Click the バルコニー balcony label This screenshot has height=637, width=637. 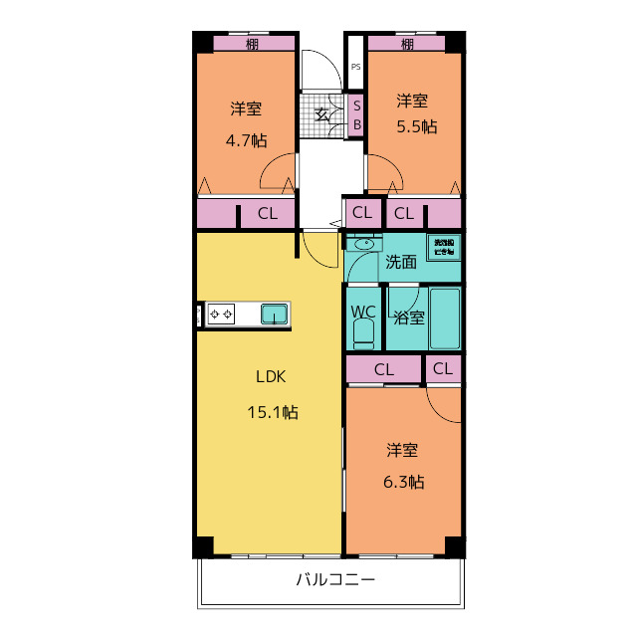click(335, 580)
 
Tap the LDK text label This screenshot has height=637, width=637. click(271, 377)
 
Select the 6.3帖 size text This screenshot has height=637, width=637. click(405, 482)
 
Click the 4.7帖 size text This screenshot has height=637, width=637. click(246, 140)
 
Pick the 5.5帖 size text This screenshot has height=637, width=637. click(415, 126)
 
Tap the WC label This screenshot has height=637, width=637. click(362, 312)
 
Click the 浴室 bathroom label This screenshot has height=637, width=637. click(409, 318)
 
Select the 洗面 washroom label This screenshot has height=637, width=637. click(401, 263)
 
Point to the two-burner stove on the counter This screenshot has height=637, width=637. click(220, 316)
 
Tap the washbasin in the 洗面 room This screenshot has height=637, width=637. click(363, 244)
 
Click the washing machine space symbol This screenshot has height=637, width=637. click(442, 247)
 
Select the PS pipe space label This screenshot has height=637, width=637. click(355, 69)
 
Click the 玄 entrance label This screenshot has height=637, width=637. click(322, 113)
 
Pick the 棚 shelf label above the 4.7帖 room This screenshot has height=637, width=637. click(254, 44)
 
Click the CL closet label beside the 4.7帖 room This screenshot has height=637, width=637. click(268, 213)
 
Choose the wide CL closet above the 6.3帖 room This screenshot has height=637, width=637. click(384, 369)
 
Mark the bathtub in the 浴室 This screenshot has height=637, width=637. click(445, 318)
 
